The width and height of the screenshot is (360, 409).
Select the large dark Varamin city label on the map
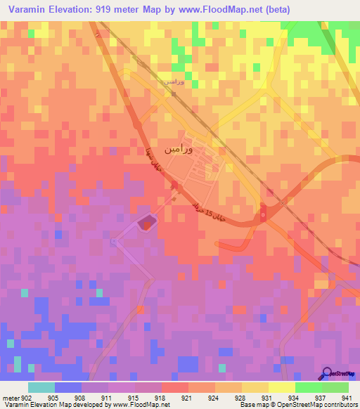pyautogui.click(x=179, y=150)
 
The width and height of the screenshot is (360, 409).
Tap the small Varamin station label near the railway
pyautogui.click(x=174, y=82)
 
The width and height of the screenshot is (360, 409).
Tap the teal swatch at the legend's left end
pyautogui.click(x=41, y=387)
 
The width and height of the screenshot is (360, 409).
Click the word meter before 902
pyautogui.click(x=11, y=397)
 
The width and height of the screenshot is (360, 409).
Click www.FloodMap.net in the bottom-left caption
pyautogui.click(x=137, y=405)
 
